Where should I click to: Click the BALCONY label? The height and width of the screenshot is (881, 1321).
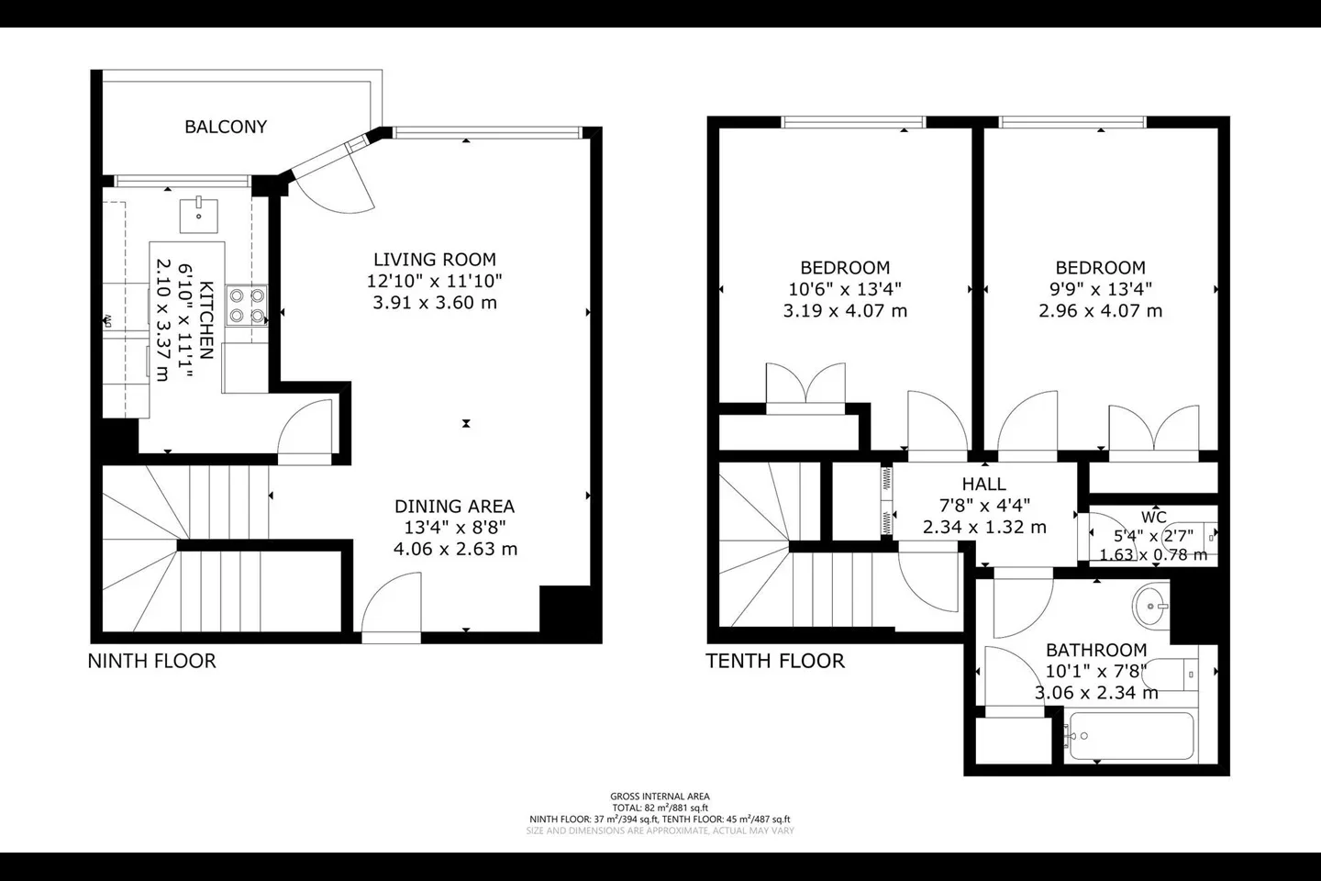click(226, 127)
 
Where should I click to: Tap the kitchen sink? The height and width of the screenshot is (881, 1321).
click(199, 215)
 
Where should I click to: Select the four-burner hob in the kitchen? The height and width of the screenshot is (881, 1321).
click(248, 306)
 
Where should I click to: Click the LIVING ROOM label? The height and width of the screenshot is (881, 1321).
click(435, 260)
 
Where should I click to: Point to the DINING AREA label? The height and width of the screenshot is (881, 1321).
click(455, 507)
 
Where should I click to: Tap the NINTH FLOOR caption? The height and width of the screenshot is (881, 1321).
click(152, 661)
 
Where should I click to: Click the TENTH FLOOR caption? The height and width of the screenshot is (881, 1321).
click(775, 661)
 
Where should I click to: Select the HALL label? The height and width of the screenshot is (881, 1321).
click(984, 485)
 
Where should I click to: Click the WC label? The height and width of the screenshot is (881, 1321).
click(1153, 518)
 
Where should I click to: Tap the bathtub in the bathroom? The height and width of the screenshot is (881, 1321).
click(1130, 736)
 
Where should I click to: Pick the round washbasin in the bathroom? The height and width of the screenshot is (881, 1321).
click(1149, 606)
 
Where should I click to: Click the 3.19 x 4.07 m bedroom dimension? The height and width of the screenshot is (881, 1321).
click(845, 311)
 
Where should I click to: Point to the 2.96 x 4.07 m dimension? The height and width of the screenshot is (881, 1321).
click(1101, 311)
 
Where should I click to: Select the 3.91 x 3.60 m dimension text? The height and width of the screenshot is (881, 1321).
click(435, 303)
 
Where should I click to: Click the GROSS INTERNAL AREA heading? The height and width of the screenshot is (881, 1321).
click(660, 797)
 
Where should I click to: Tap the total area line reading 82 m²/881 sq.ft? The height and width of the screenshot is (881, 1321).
click(660, 808)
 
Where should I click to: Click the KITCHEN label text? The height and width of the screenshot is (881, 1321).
click(206, 320)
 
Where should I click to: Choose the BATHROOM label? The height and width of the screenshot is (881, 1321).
click(1096, 651)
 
